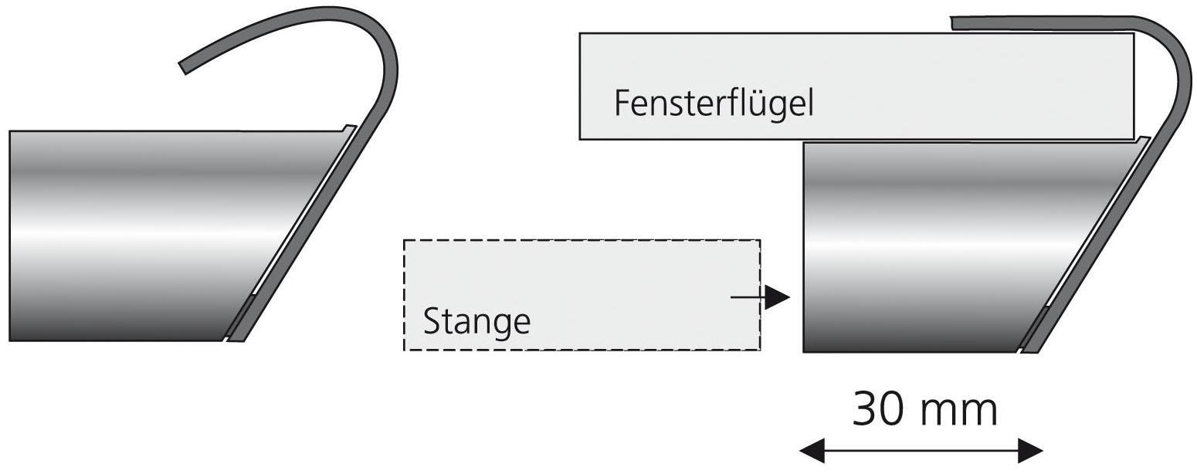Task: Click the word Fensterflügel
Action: pos(714,103)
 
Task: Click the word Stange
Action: pos(477,321)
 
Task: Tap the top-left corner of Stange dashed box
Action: pos(405,241)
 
